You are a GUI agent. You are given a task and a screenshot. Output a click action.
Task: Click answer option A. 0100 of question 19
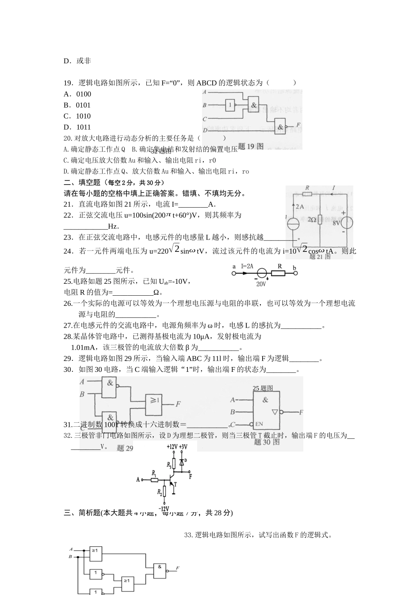[77, 94]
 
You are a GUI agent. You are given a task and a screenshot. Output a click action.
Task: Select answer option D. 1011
[77, 127]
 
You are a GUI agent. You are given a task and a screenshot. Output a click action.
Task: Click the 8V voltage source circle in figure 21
[345, 223]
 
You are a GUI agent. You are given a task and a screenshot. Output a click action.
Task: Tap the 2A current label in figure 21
[300, 206]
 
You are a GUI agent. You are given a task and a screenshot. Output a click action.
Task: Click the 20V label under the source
[261, 284]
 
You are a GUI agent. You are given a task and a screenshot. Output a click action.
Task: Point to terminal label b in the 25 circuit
[294, 267]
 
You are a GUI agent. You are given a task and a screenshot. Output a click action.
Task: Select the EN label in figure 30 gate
[259, 424]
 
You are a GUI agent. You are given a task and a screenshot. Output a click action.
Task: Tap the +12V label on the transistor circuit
[172, 447]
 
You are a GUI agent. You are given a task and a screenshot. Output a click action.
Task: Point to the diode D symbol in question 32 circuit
[181, 462]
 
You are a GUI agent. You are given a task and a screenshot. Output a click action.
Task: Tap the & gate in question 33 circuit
[160, 568]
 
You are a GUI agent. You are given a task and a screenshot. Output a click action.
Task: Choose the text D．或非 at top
[77, 61]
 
